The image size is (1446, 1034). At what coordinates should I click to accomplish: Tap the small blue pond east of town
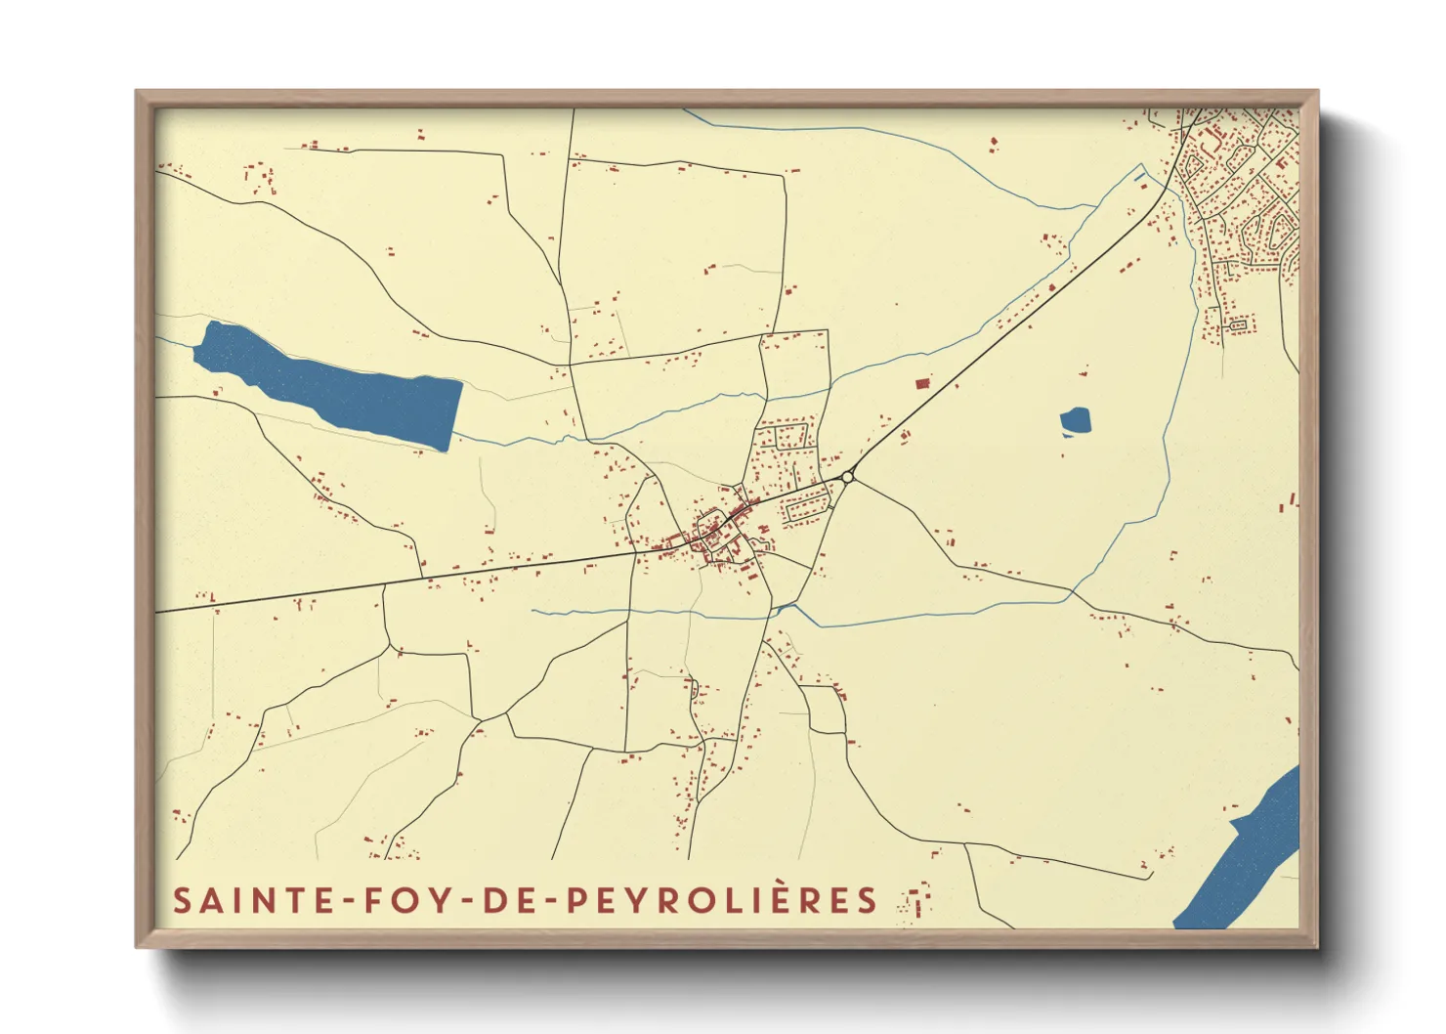pos(1075,422)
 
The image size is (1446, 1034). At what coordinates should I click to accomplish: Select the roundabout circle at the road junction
pos(847,477)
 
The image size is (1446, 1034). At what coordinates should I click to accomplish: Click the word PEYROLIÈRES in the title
pos(722,900)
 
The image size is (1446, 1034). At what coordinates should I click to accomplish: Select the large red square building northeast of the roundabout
pos(921,383)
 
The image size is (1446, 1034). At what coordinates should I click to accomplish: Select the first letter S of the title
pos(182,900)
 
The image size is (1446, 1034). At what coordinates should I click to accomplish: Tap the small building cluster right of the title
pos(916,901)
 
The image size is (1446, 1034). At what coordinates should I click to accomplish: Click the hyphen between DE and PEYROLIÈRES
pos(553,901)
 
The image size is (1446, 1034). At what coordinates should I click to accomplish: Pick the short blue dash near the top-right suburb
pos(1140,177)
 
